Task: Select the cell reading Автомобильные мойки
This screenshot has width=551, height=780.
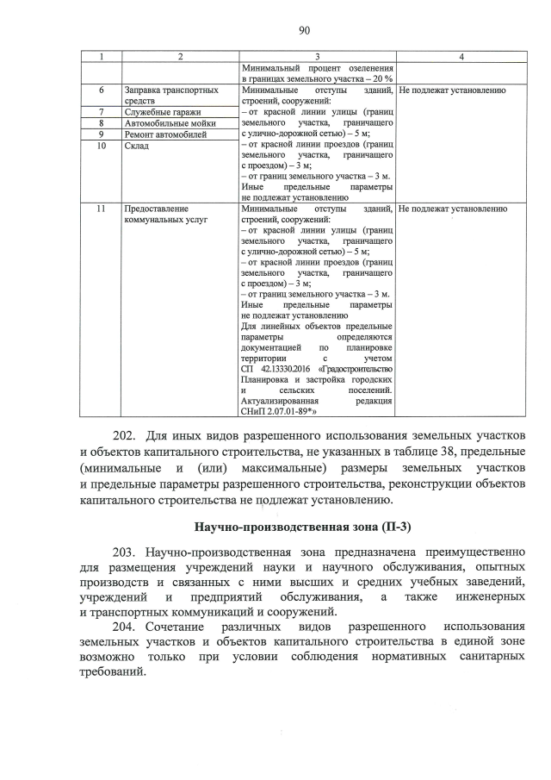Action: (170, 123)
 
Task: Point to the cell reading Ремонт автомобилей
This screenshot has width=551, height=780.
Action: (166, 134)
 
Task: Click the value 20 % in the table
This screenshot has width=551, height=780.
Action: (382, 78)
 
